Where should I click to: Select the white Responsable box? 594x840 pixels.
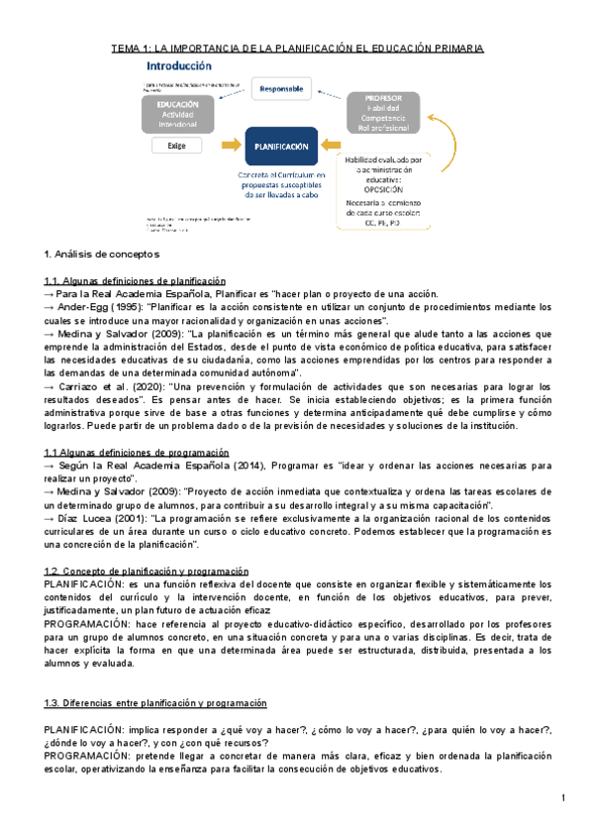point(282,89)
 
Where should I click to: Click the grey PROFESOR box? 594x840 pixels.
point(384,112)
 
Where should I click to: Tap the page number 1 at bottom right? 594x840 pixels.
point(561,798)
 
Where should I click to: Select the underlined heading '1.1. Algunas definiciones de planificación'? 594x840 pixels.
point(136,281)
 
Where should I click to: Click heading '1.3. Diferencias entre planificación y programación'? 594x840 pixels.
point(155,702)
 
